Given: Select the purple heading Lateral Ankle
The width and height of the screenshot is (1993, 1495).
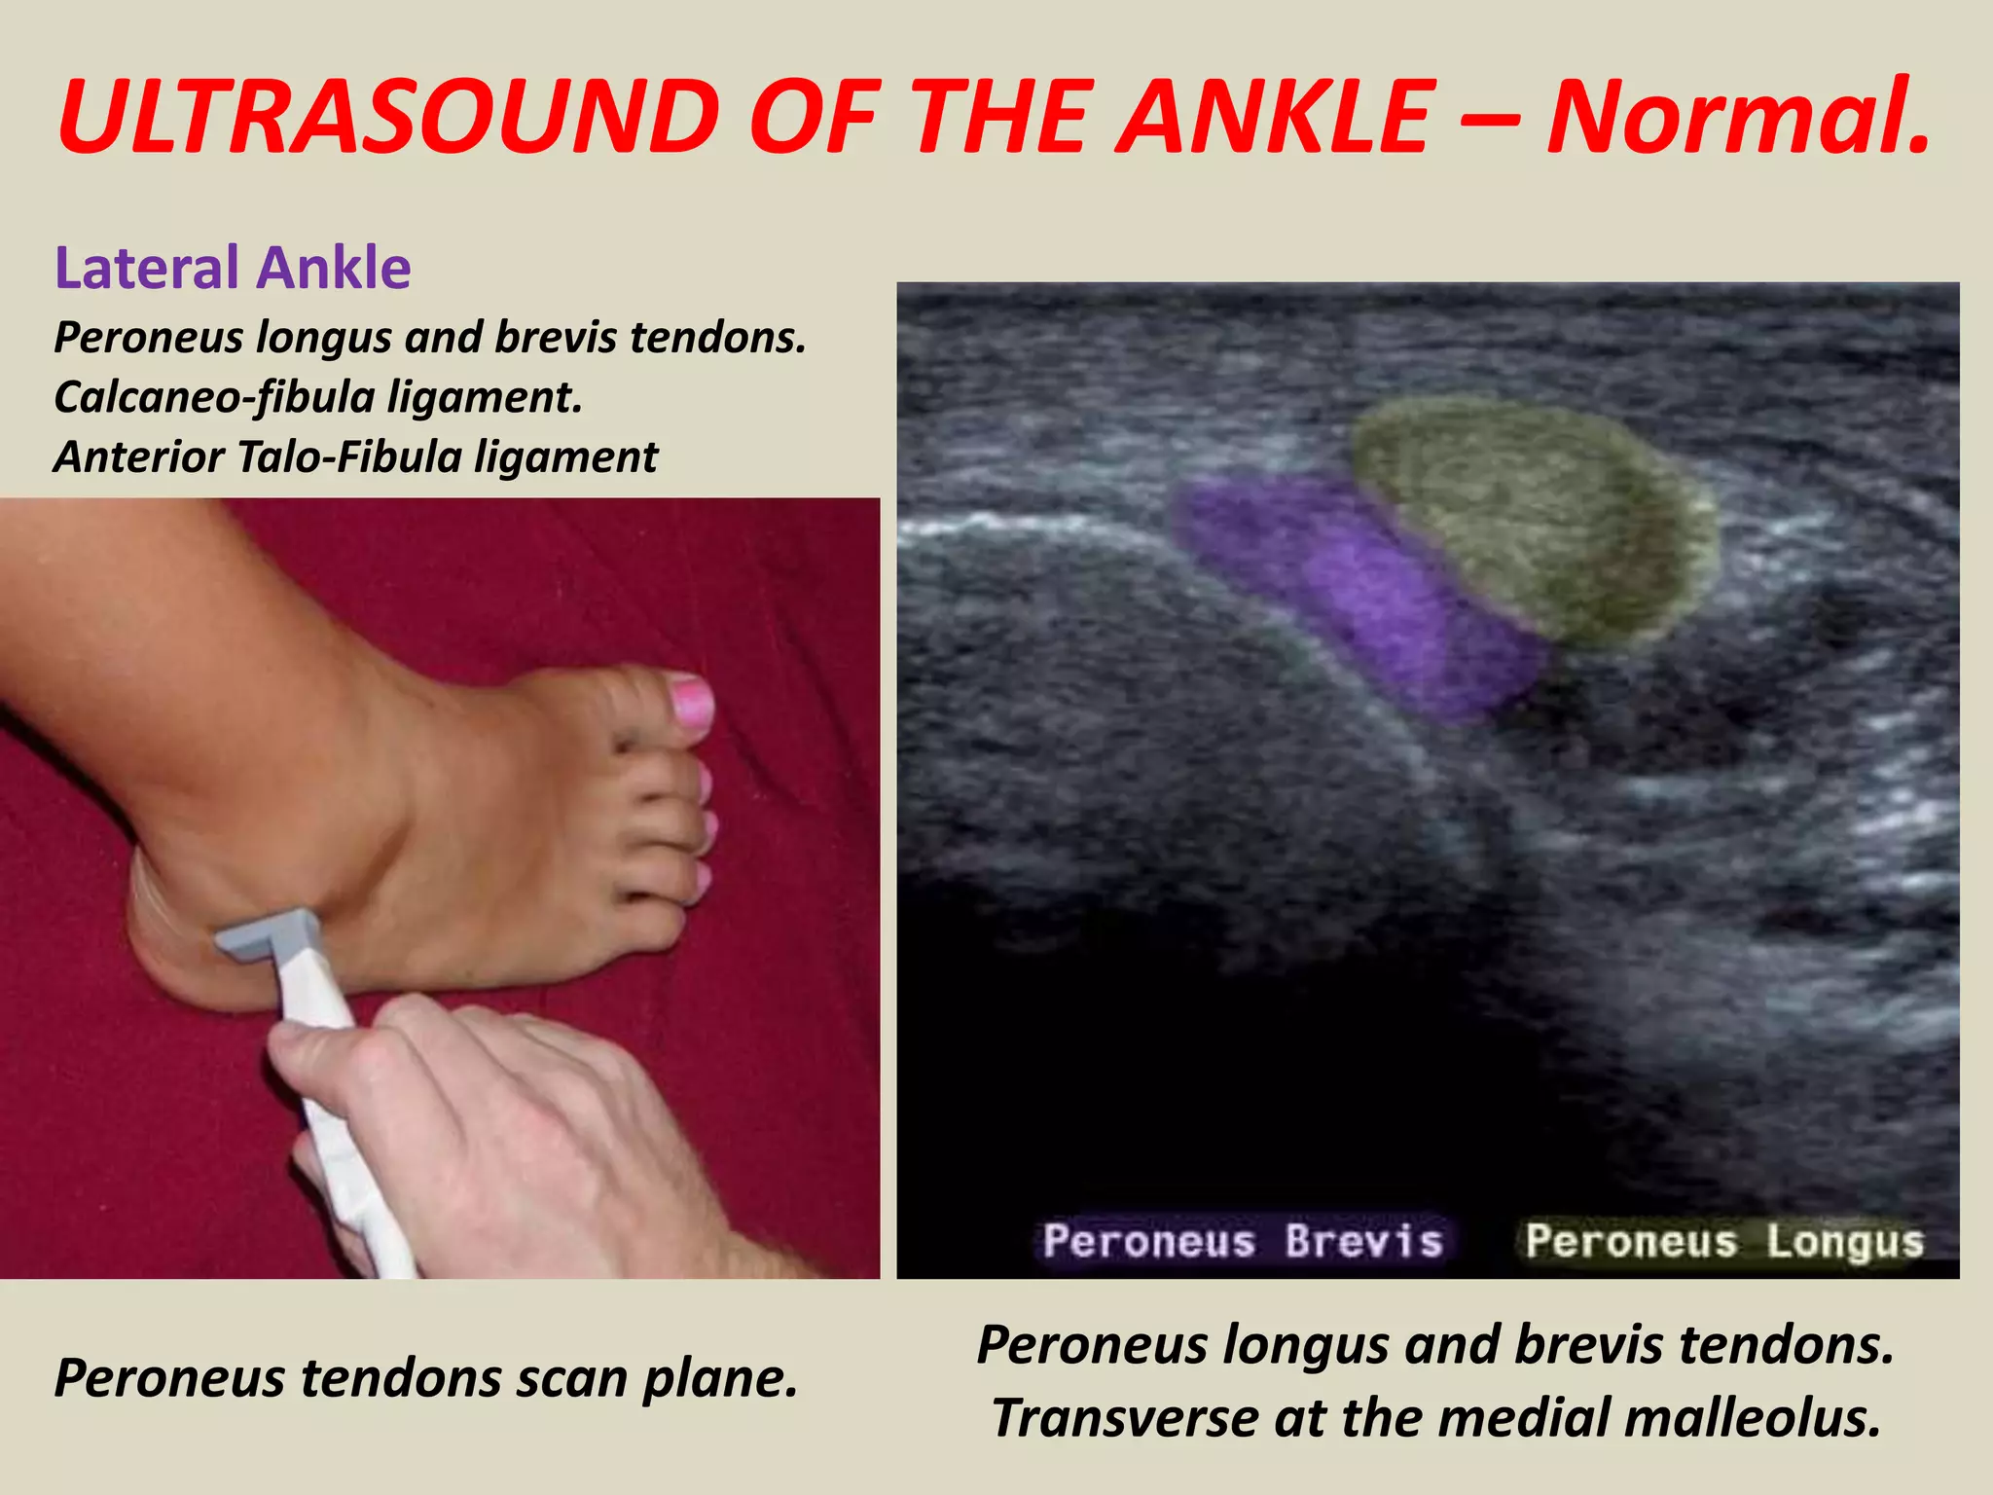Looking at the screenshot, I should click(233, 268).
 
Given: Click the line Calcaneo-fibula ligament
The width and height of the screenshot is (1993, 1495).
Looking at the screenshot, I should click(317, 397).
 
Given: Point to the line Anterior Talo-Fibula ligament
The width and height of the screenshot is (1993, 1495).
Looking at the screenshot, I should click(355, 456).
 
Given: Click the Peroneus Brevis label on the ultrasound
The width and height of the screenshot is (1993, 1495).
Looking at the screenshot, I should click(1243, 1241).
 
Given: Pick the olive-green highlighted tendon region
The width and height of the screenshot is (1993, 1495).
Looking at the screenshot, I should click(1538, 516).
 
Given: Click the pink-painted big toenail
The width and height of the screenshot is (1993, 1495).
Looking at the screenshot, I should click(692, 703).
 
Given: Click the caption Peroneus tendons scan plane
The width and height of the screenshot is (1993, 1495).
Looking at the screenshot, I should click(425, 1378).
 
